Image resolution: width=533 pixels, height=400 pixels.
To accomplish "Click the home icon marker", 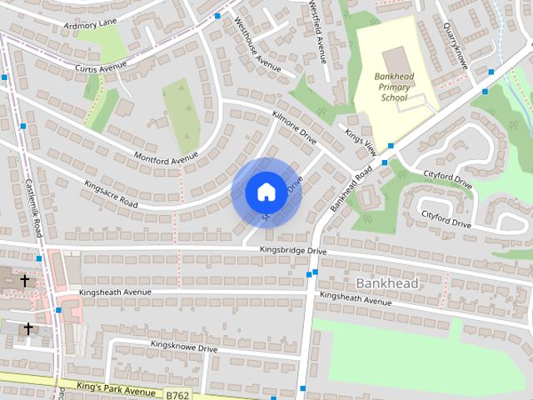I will click(x=266, y=192).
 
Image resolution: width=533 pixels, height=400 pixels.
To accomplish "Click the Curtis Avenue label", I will click(x=100, y=66).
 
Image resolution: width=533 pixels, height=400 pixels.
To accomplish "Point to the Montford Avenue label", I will click(x=167, y=156).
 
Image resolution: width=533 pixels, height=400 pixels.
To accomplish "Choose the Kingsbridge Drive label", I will click(x=292, y=249).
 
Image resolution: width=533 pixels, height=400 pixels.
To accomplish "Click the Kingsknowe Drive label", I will click(x=183, y=345).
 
